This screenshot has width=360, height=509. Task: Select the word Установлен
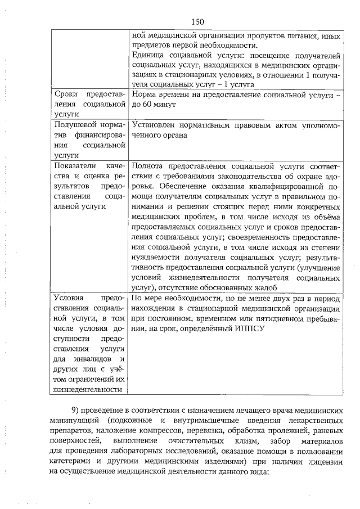[x=156, y=124]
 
